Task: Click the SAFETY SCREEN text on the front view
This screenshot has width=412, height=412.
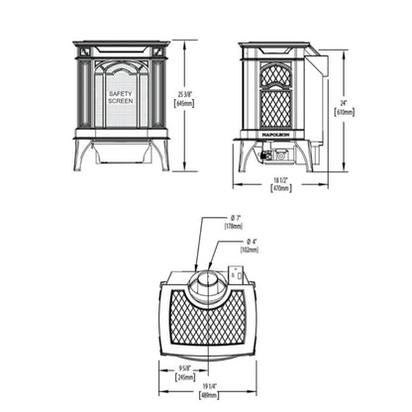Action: pos(123,97)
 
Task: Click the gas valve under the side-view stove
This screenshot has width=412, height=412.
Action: pos(271,156)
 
